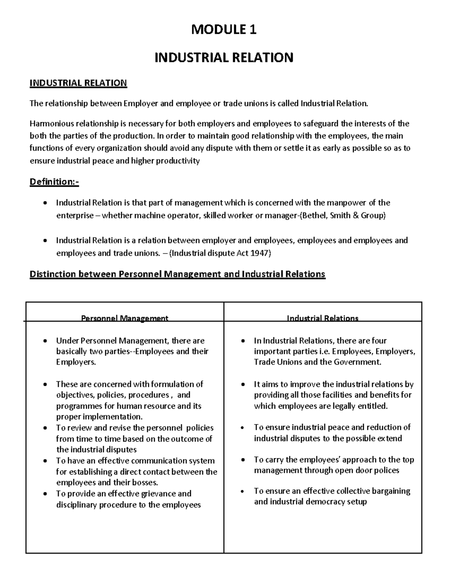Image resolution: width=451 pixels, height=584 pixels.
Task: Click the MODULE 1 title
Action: point(224,29)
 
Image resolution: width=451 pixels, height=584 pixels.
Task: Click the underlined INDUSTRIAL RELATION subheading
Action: point(78,83)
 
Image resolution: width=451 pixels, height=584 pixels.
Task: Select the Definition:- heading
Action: point(54,182)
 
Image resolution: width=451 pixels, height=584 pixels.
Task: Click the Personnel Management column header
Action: point(125,318)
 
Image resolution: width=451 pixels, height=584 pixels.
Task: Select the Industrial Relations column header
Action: point(322,318)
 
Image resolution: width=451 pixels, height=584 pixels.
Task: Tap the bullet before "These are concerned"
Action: point(45,385)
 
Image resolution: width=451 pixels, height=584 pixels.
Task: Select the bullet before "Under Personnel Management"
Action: point(45,341)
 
